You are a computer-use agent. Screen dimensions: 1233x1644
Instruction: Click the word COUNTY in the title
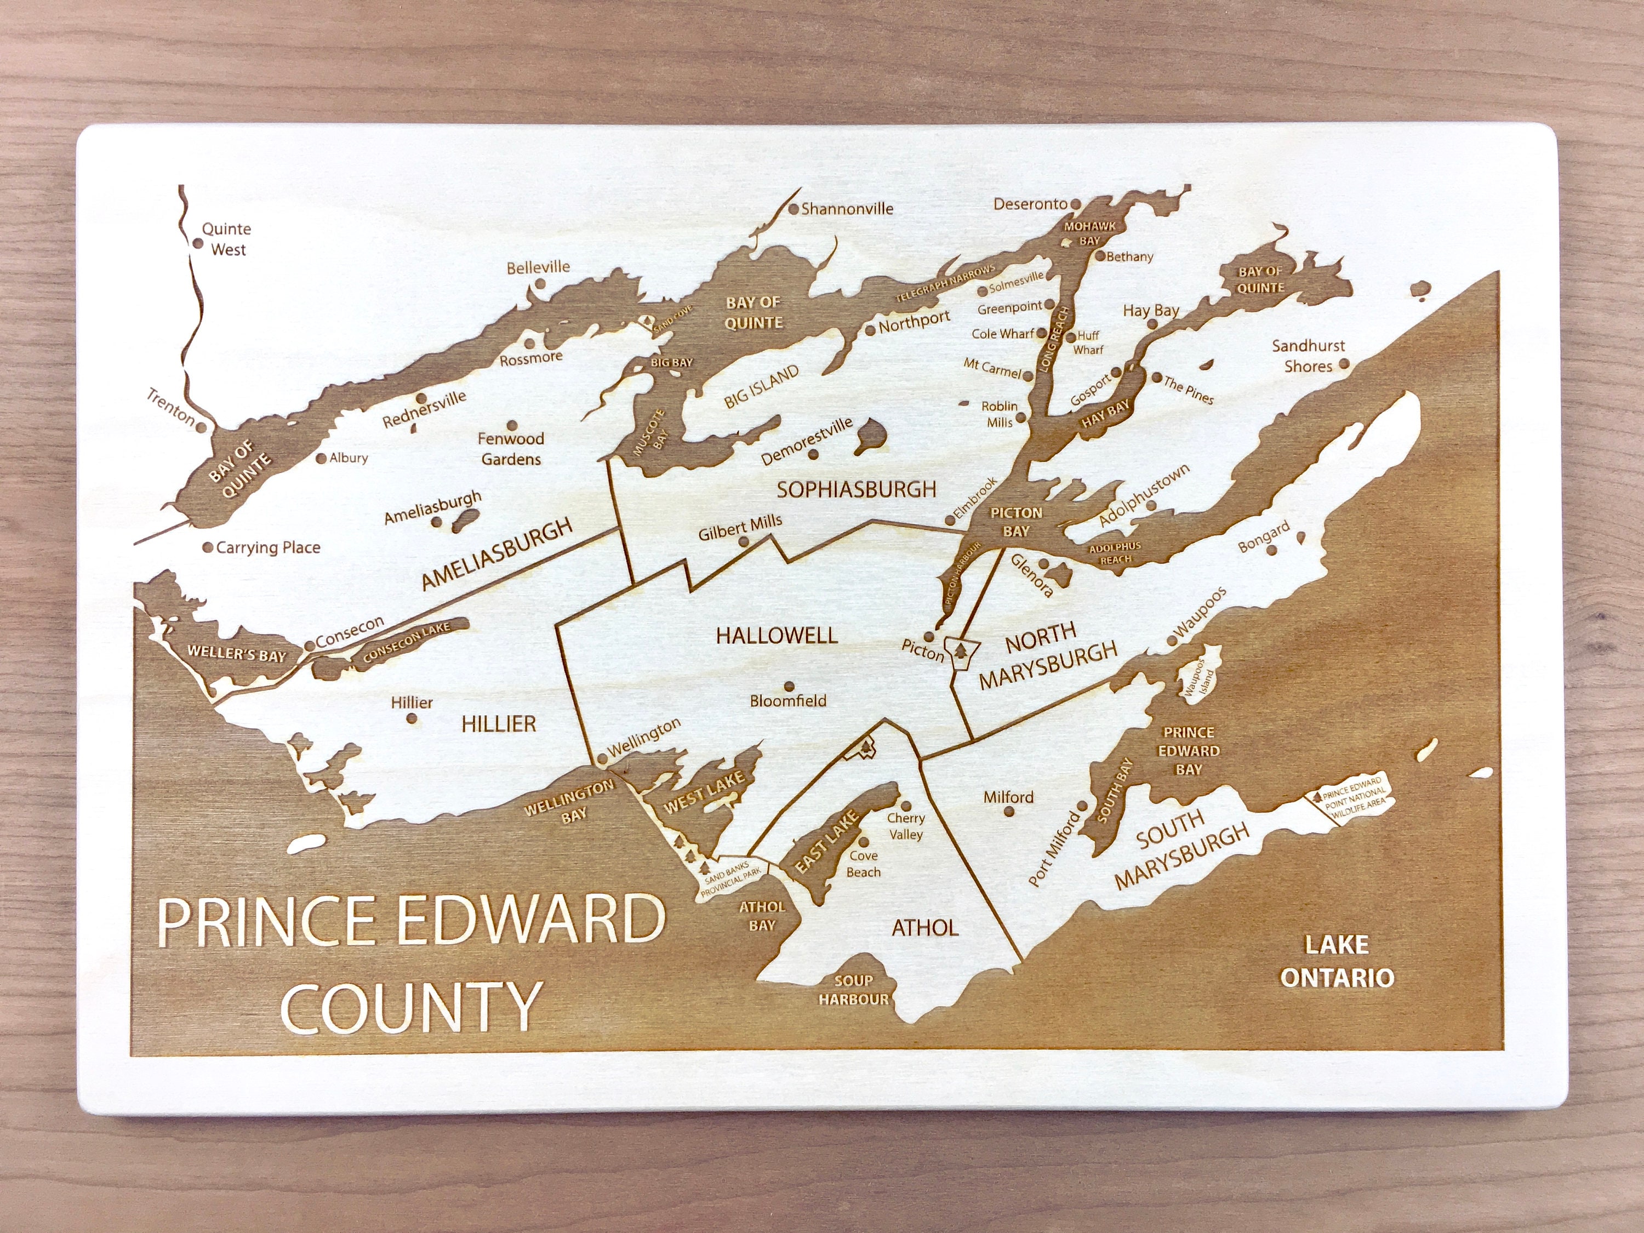(410, 1008)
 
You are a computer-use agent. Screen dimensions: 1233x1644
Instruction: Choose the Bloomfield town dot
(789, 686)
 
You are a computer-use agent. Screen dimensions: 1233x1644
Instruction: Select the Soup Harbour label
(853, 990)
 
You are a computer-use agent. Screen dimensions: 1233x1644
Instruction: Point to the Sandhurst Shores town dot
(1344, 364)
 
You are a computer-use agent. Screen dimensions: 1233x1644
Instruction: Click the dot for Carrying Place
(209, 547)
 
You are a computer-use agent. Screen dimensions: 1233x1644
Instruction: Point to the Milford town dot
(1008, 811)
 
